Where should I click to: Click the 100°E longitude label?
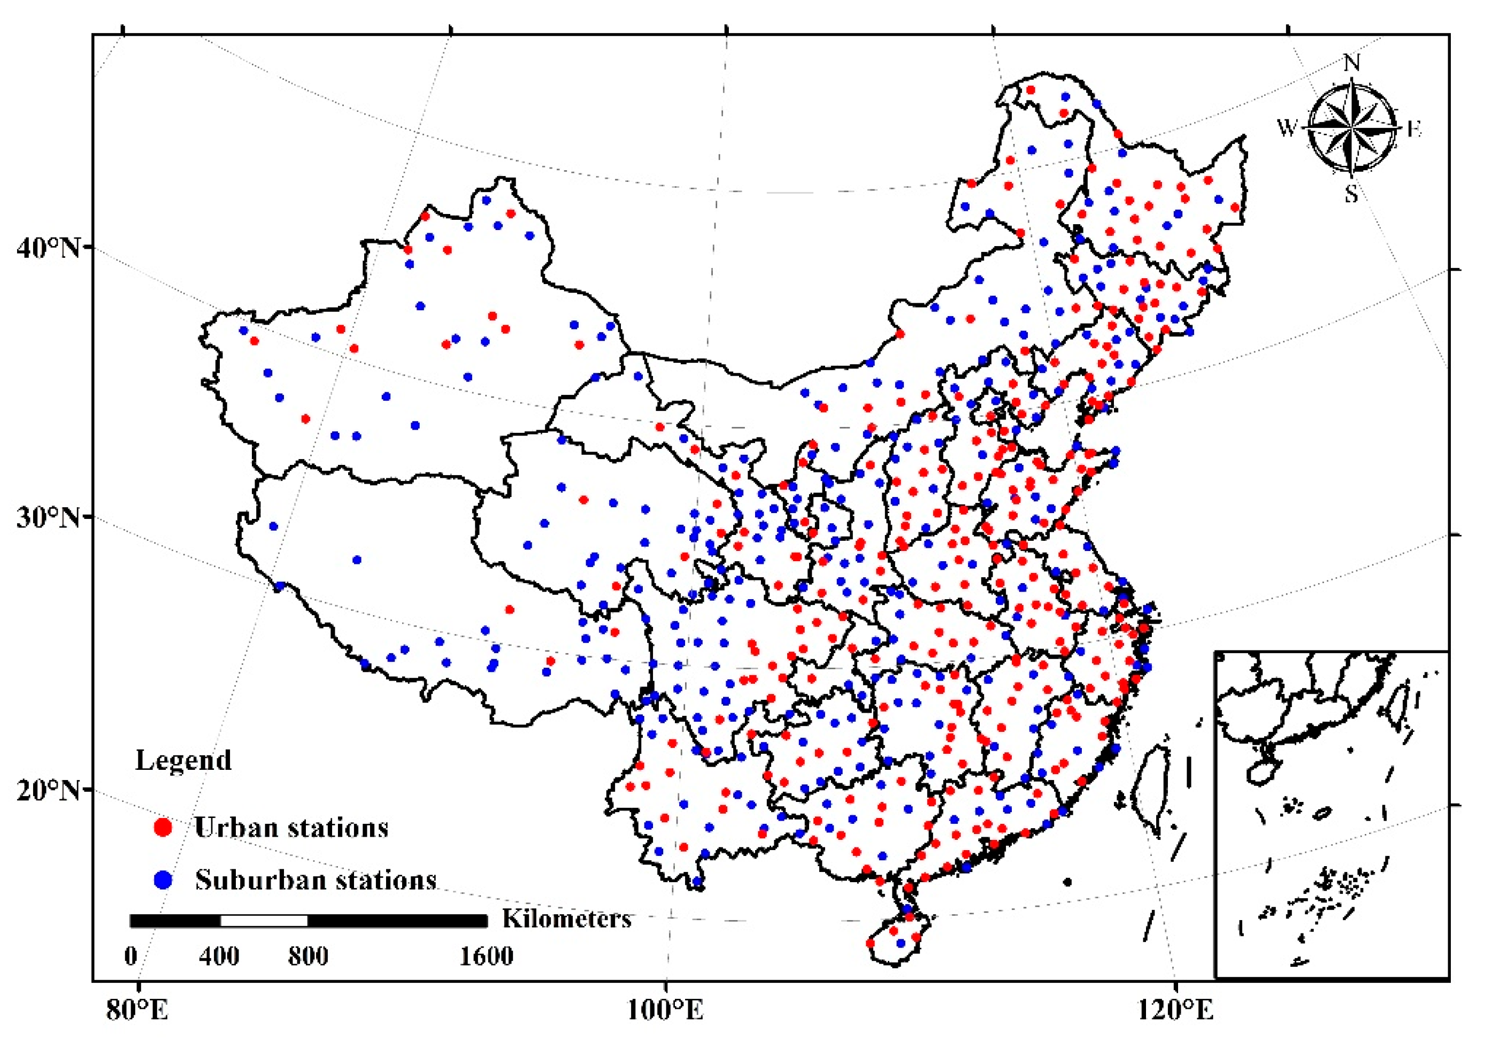665,1010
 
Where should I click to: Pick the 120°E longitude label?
1175,1010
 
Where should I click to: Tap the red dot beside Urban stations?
163,828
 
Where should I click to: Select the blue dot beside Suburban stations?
163,880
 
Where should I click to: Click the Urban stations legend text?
290,828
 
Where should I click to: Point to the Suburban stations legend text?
316,880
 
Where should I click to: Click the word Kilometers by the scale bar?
566,919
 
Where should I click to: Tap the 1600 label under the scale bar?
486,956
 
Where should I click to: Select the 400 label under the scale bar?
219,956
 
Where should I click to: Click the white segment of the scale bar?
264,920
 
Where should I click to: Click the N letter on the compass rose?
1352,63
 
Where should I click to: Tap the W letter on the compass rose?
1287,127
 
